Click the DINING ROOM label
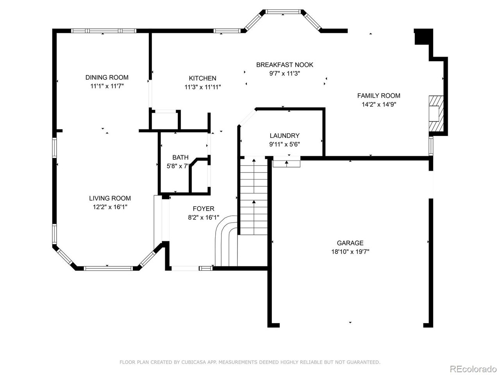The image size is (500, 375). coord(107,77)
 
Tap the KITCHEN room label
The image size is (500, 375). coord(202,78)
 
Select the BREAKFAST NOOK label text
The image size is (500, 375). coord(284,65)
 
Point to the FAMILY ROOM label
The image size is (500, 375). coord(379,96)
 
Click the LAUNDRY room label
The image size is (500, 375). coord(284,136)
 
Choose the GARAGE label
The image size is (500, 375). coord(350,243)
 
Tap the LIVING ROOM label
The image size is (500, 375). coord(110,198)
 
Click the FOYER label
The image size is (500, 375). coord(203,209)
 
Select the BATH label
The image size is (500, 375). coord(180,157)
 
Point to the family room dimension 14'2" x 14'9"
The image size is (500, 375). coord(379,104)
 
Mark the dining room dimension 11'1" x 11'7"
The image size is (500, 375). coord(107,86)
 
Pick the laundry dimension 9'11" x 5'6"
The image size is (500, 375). coord(284,144)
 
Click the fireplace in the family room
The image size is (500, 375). coord(434,114)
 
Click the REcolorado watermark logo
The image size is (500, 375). coord(473,369)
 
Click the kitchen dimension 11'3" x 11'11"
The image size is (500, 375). coord(202,87)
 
